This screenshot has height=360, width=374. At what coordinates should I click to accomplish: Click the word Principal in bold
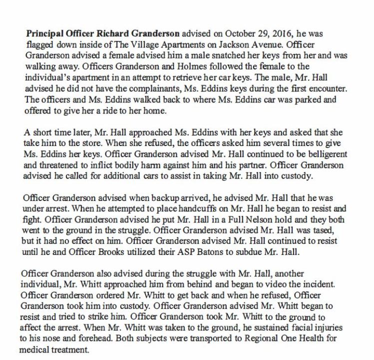click(x=43, y=34)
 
